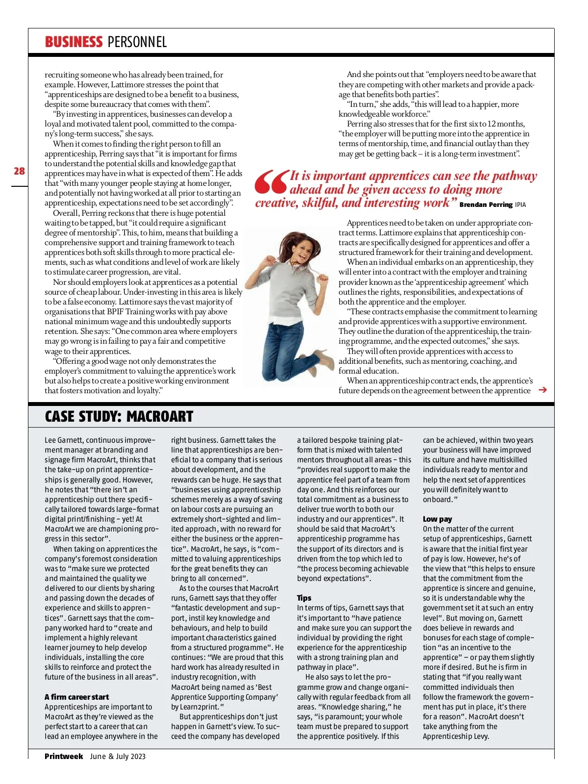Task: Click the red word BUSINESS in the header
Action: click(x=73, y=42)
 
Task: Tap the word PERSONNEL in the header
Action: click(x=137, y=42)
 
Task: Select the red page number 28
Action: click(x=19, y=171)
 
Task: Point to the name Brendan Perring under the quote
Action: click(x=486, y=204)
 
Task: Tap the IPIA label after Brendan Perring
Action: click(x=520, y=205)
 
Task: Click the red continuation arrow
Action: click(x=542, y=390)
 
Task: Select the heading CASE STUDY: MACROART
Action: click(x=119, y=417)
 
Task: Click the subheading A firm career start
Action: click(x=76, y=697)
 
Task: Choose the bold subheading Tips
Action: click(x=304, y=598)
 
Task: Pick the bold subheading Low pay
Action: click(x=438, y=519)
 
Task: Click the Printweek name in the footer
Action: click(x=64, y=756)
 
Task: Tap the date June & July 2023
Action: click(x=118, y=756)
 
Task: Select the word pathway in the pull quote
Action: click(x=514, y=176)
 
